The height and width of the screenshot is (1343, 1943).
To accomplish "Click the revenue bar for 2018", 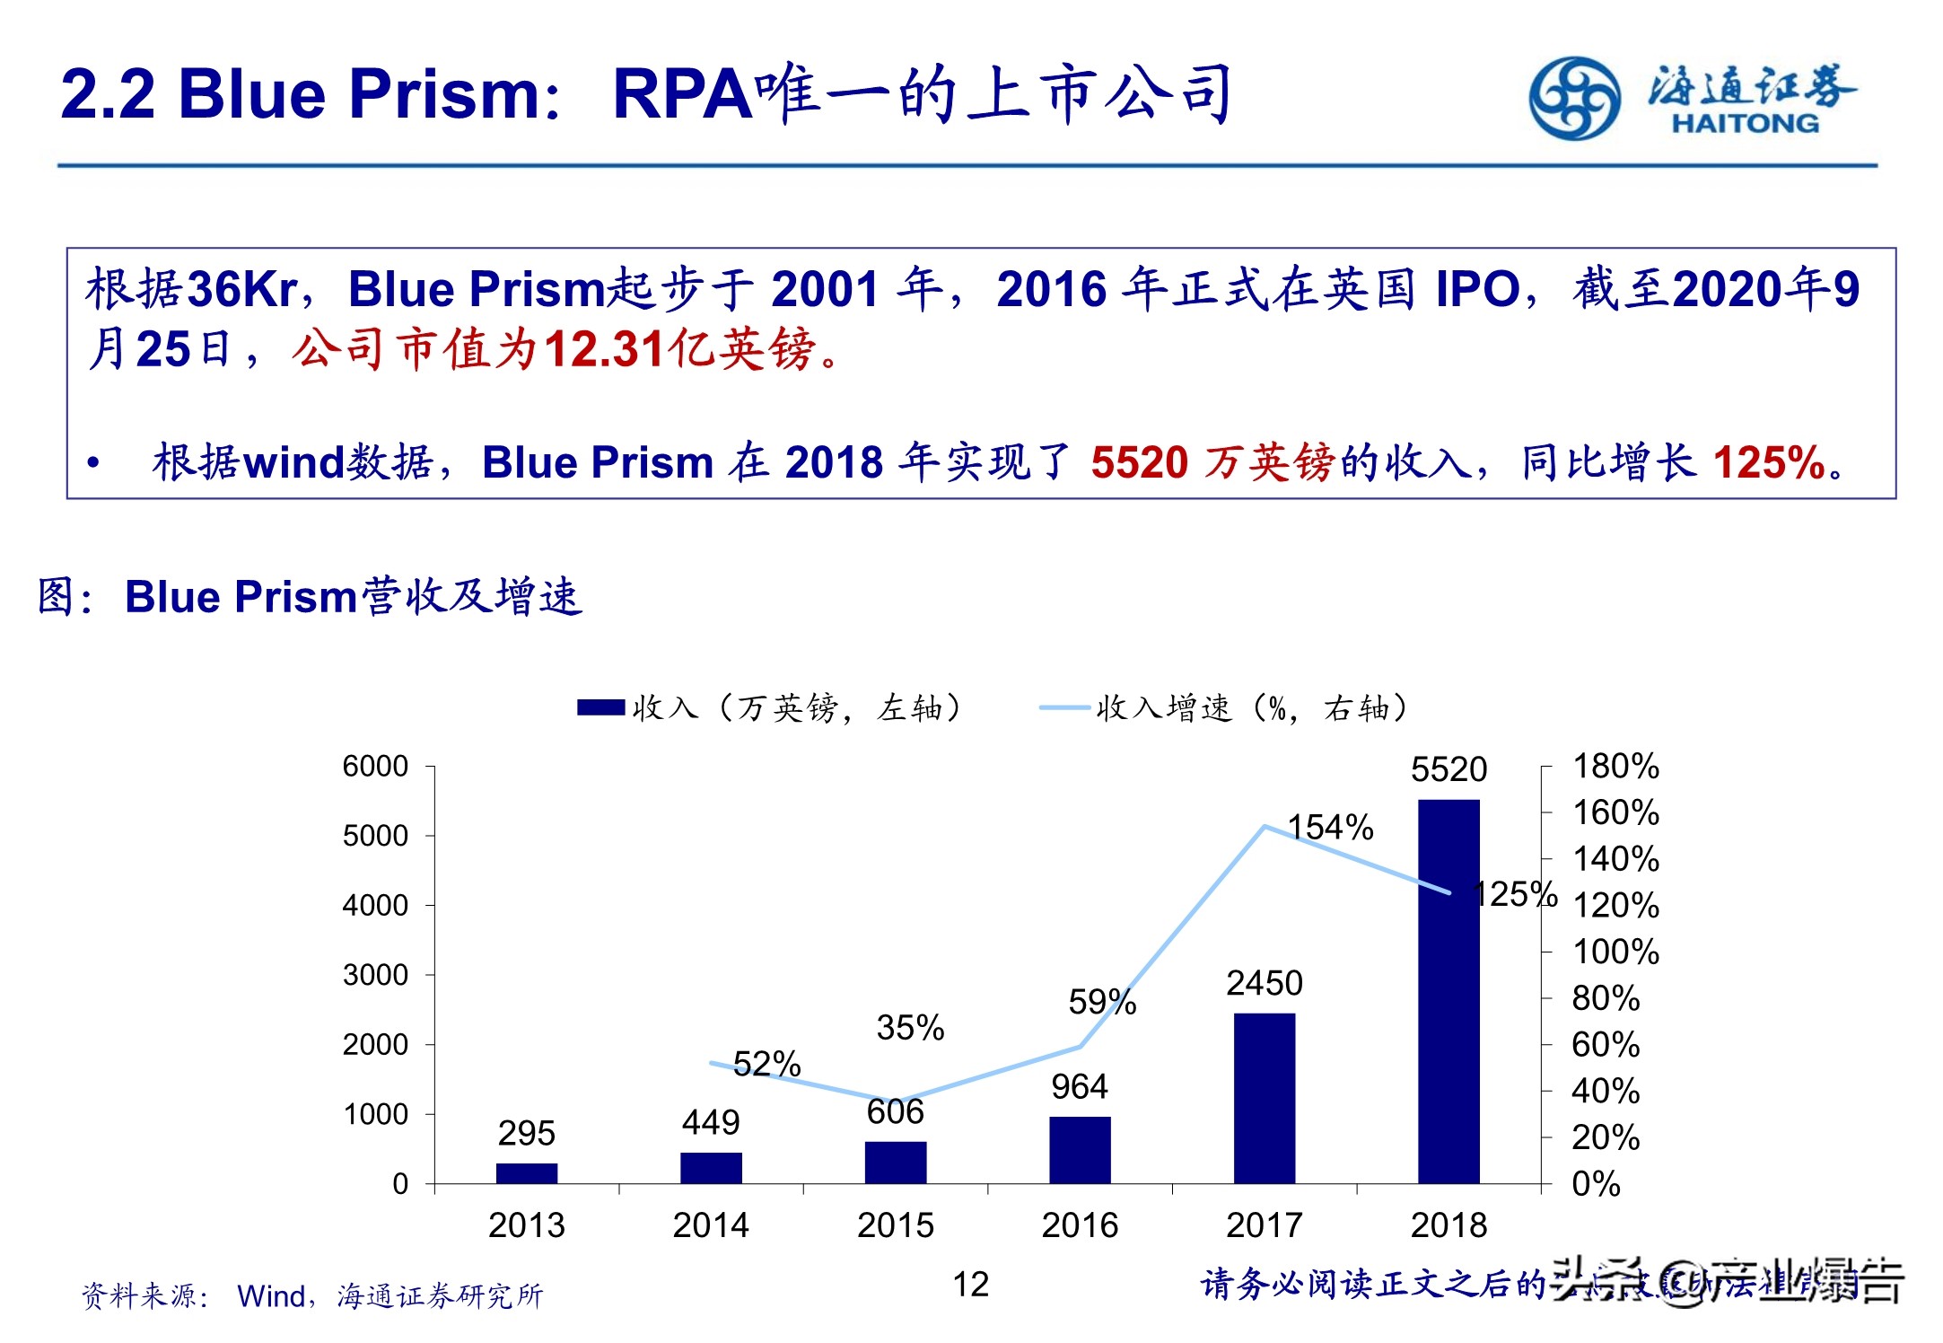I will [1448, 991].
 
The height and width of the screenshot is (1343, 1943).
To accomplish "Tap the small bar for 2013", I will [527, 1172].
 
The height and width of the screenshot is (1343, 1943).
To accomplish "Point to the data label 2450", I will [1264, 983].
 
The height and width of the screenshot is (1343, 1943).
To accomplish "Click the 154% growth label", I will [1330, 827].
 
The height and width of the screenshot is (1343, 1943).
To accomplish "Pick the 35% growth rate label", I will [910, 1027].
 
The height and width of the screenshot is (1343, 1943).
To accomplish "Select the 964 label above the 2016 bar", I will [1080, 1087].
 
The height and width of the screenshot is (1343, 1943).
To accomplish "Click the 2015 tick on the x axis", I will [895, 1224].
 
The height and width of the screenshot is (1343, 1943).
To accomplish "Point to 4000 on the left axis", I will [375, 905].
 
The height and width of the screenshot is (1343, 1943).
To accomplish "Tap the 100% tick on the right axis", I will [1615, 952].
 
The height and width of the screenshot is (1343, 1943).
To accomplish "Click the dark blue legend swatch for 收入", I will [600, 707].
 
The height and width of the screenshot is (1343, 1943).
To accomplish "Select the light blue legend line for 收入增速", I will [1064, 707].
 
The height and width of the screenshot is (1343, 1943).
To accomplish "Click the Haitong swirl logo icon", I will [1574, 99].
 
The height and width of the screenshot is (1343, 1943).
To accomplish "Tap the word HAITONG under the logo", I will [1745, 123].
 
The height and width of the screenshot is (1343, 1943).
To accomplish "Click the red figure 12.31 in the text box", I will [604, 349].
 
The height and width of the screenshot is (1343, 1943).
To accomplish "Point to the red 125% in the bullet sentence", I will [1769, 462].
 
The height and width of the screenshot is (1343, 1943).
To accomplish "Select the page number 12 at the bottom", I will [970, 1284].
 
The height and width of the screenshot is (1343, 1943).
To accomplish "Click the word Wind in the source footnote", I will [271, 1295].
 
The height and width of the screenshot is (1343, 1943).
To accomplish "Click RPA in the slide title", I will [682, 94].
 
